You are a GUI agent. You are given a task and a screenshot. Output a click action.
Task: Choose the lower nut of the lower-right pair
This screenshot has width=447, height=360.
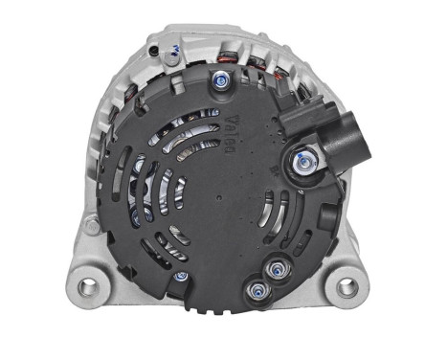point(256,288)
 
